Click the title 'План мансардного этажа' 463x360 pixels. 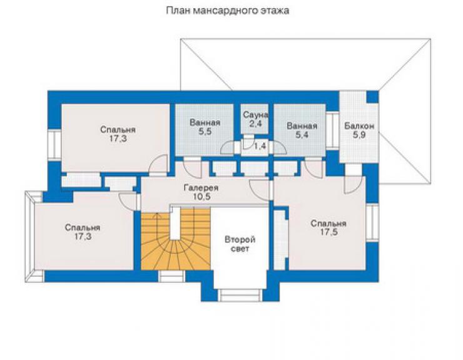(x=227, y=11)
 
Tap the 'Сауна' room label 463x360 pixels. (x=255, y=115)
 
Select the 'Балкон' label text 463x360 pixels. (x=359, y=126)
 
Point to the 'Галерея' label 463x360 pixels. (x=201, y=188)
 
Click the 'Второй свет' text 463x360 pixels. (x=240, y=244)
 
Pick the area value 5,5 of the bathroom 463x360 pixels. (x=205, y=132)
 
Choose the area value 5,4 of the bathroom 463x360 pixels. (x=302, y=135)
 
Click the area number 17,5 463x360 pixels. (x=329, y=232)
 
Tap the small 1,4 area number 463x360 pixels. (x=260, y=145)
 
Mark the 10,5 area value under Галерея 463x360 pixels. (x=202, y=197)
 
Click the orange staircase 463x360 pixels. (x=175, y=239)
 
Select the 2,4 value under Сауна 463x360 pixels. (x=255, y=123)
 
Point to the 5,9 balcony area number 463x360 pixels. (x=359, y=135)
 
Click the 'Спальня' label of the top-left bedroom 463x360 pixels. (x=118, y=130)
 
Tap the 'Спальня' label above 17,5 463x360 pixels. (x=328, y=223)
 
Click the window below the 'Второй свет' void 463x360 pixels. (x=240, y=296)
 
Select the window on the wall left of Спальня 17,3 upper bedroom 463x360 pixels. (x=54, y=145)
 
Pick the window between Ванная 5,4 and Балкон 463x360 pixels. (x=332, y=131)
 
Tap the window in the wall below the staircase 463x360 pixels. (x=172, y=276)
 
